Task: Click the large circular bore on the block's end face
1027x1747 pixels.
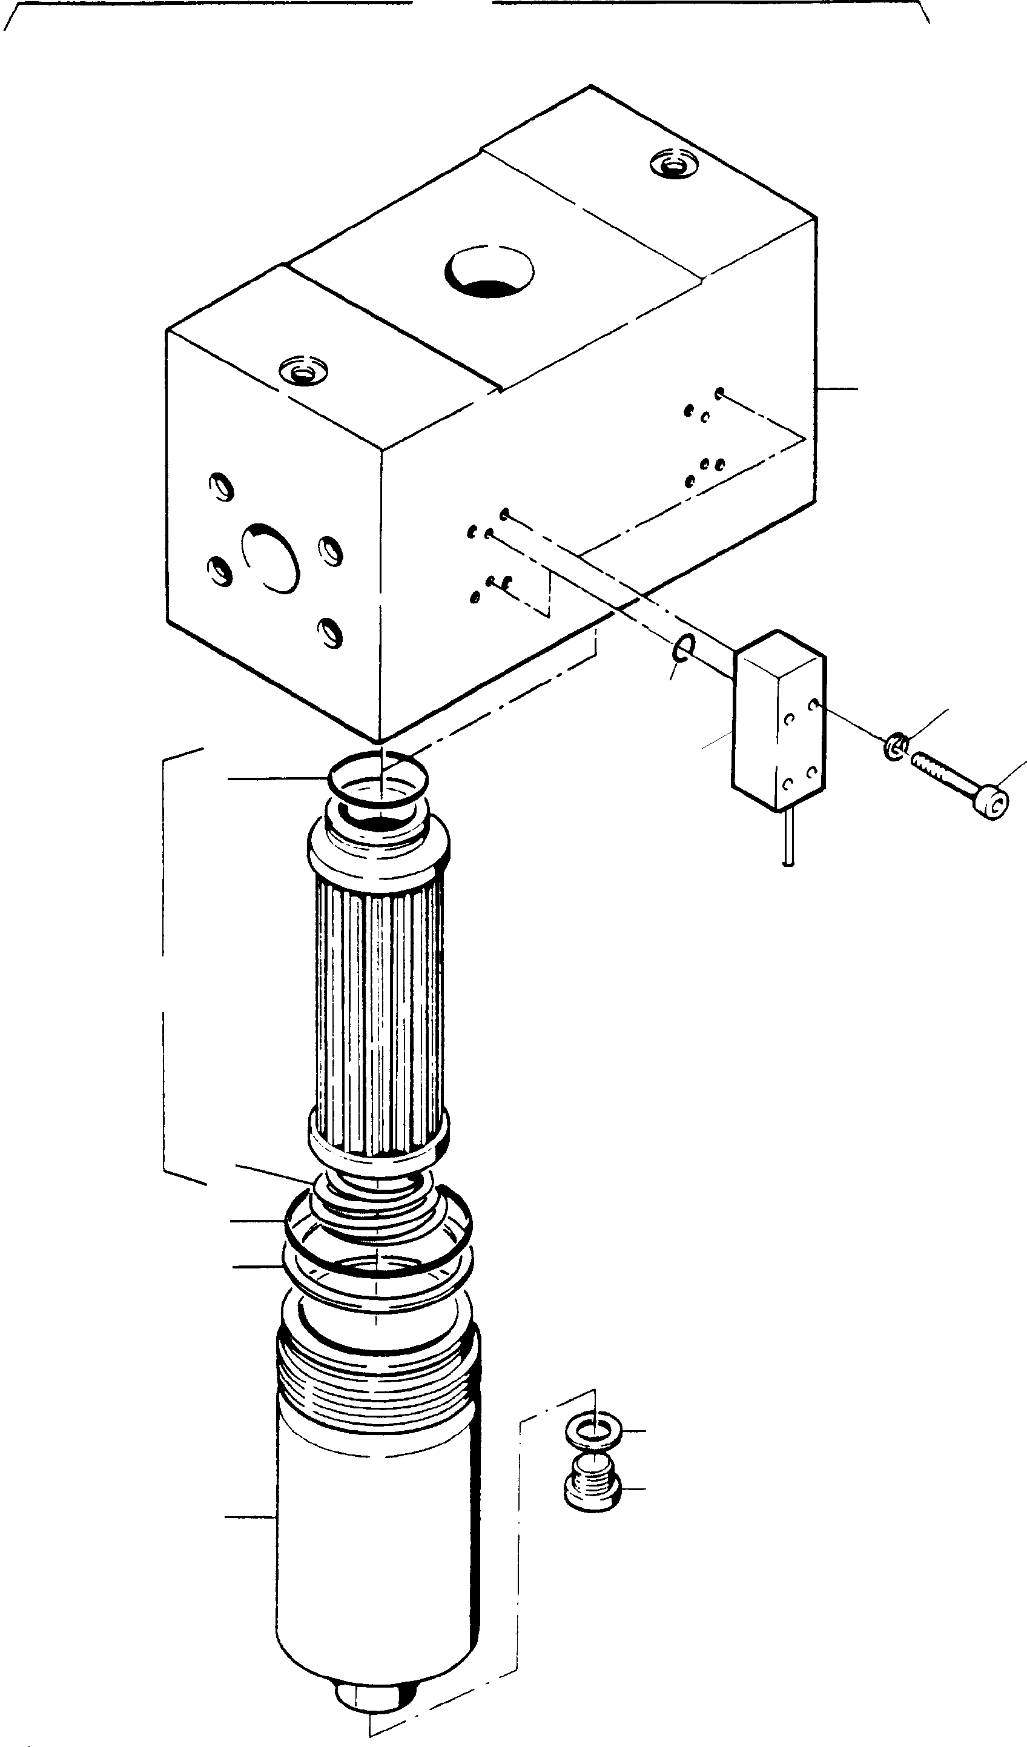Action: click(x=271, y=557)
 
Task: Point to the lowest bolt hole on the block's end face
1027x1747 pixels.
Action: click(x=331, y=632)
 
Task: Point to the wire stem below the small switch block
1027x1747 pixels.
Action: click(x=788, y=837)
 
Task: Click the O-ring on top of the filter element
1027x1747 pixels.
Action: click(x=378, y=778)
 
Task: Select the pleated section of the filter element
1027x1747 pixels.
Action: click(x=378, y=1012)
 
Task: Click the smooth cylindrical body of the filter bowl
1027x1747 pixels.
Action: click(x=378, y=1560)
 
